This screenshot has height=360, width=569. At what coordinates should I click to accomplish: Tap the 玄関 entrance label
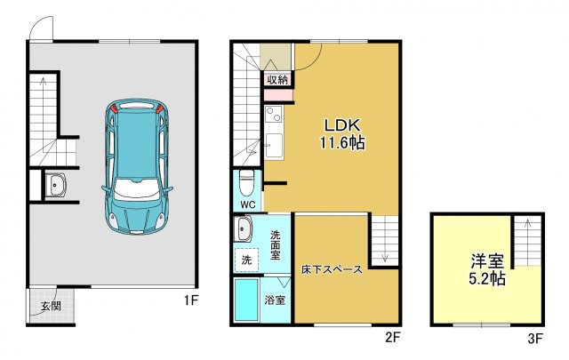[x=51, y=308]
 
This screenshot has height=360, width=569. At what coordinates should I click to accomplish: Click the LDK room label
[x=342, y=125]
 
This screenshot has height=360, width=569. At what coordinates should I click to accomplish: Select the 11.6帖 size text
[x=342, y=142]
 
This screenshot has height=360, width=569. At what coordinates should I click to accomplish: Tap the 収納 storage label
[x=276, y=79]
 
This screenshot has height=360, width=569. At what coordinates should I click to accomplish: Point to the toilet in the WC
[x=247, y=182]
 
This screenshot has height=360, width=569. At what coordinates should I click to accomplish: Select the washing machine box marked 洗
[x=247, y=261]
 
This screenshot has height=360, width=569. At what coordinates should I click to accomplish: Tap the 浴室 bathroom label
[x=276, y=300]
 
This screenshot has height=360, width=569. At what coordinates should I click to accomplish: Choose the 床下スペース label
[x=331, y=269]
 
